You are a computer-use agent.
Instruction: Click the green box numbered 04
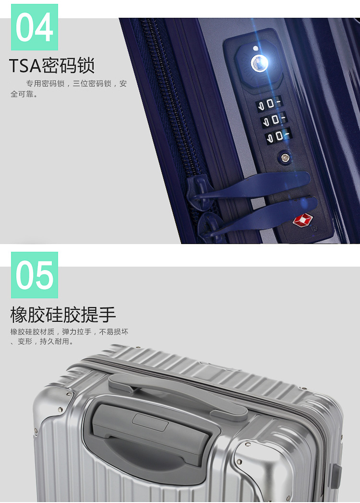[x=35, y=27]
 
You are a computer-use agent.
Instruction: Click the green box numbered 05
[x=35, y=275]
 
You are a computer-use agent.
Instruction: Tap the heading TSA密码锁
[x=52, y=65]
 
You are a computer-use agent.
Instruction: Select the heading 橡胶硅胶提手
[x=63, y=314]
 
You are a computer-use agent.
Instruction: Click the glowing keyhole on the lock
[x=259, y=63]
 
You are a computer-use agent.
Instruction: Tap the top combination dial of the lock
[x=270, y=104]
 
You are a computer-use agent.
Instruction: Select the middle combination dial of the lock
[x=275, y=120]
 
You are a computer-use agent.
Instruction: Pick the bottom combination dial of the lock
[x=279, y=136]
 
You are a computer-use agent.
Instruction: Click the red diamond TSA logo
[x=302, y=221]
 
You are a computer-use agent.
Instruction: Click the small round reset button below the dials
[x=285, y=158]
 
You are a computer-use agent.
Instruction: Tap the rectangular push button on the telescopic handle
[x=150, y=422]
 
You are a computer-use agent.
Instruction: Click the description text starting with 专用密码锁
[x=69, y=88]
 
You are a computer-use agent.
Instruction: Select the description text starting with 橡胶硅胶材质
[x=69, y=336]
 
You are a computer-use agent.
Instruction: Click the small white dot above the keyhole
[x=255, y=49]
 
